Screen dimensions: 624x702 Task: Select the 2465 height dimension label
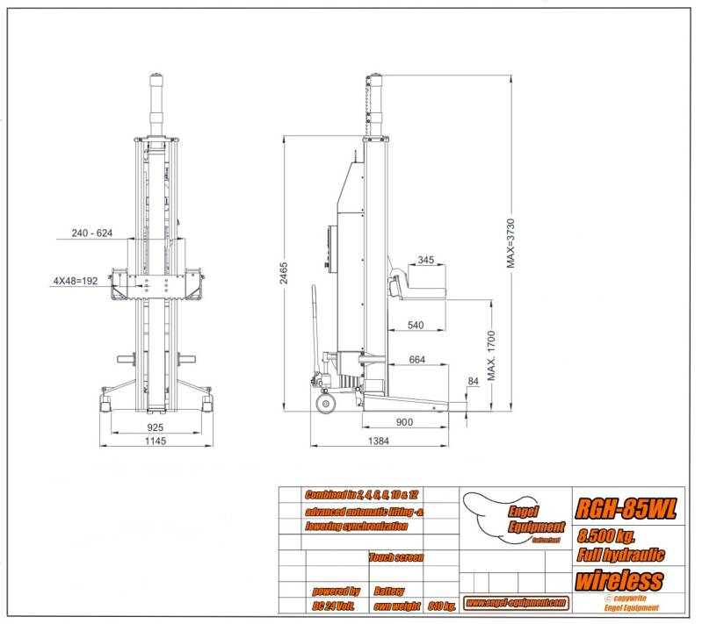click(x=283, y=274)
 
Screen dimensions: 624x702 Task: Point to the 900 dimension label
click(x=405, y=422)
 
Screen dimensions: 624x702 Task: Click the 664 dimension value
click(x=416, y=360)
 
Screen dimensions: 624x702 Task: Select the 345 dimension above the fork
click(x=425, y=260)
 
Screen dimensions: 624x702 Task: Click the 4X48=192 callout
click(x=76, y=282)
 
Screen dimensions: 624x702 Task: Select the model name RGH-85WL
click(x=626, y=509)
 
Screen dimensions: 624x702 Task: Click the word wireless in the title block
click(x=619, y=580)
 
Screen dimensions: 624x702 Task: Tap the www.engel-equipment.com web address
click(x=515, y=602)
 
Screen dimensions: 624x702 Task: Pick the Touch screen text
click(x=396, y=557)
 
